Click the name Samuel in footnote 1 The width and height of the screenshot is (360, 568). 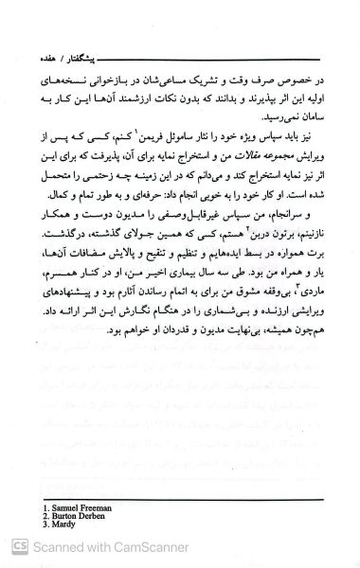click(63, 509)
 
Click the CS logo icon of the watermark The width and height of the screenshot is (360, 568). click(18, 546)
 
